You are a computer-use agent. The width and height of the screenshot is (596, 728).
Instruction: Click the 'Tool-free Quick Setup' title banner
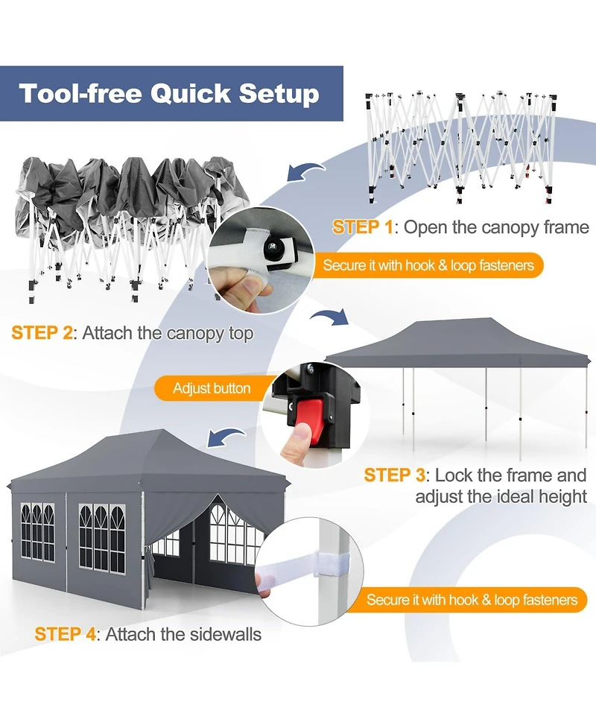click(170, 94)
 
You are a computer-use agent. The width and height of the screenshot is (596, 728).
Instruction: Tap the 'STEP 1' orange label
click(362, 227)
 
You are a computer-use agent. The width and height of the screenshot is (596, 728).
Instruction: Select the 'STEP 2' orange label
click(42, 332)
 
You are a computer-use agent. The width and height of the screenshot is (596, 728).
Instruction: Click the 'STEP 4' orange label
click(66, 635)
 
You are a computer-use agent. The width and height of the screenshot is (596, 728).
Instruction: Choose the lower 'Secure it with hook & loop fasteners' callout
click(472, 599)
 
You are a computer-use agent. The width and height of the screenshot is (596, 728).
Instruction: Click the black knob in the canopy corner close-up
click(276, 251)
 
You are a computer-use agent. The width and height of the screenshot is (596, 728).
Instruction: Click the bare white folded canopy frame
click(460, 146)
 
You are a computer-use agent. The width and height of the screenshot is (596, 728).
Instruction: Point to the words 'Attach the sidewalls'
click(183, 635)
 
